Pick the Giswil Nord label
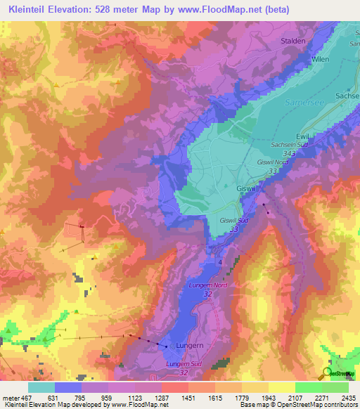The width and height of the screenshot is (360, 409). pyautogui.click(x=273, y=162)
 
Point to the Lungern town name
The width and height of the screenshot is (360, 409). pyautogui.click(x=191, y=346)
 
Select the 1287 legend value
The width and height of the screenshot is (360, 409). pyautogui.click(x=162, y=398)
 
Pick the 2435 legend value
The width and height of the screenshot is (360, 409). pyautogui.click(x=349, y=398)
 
